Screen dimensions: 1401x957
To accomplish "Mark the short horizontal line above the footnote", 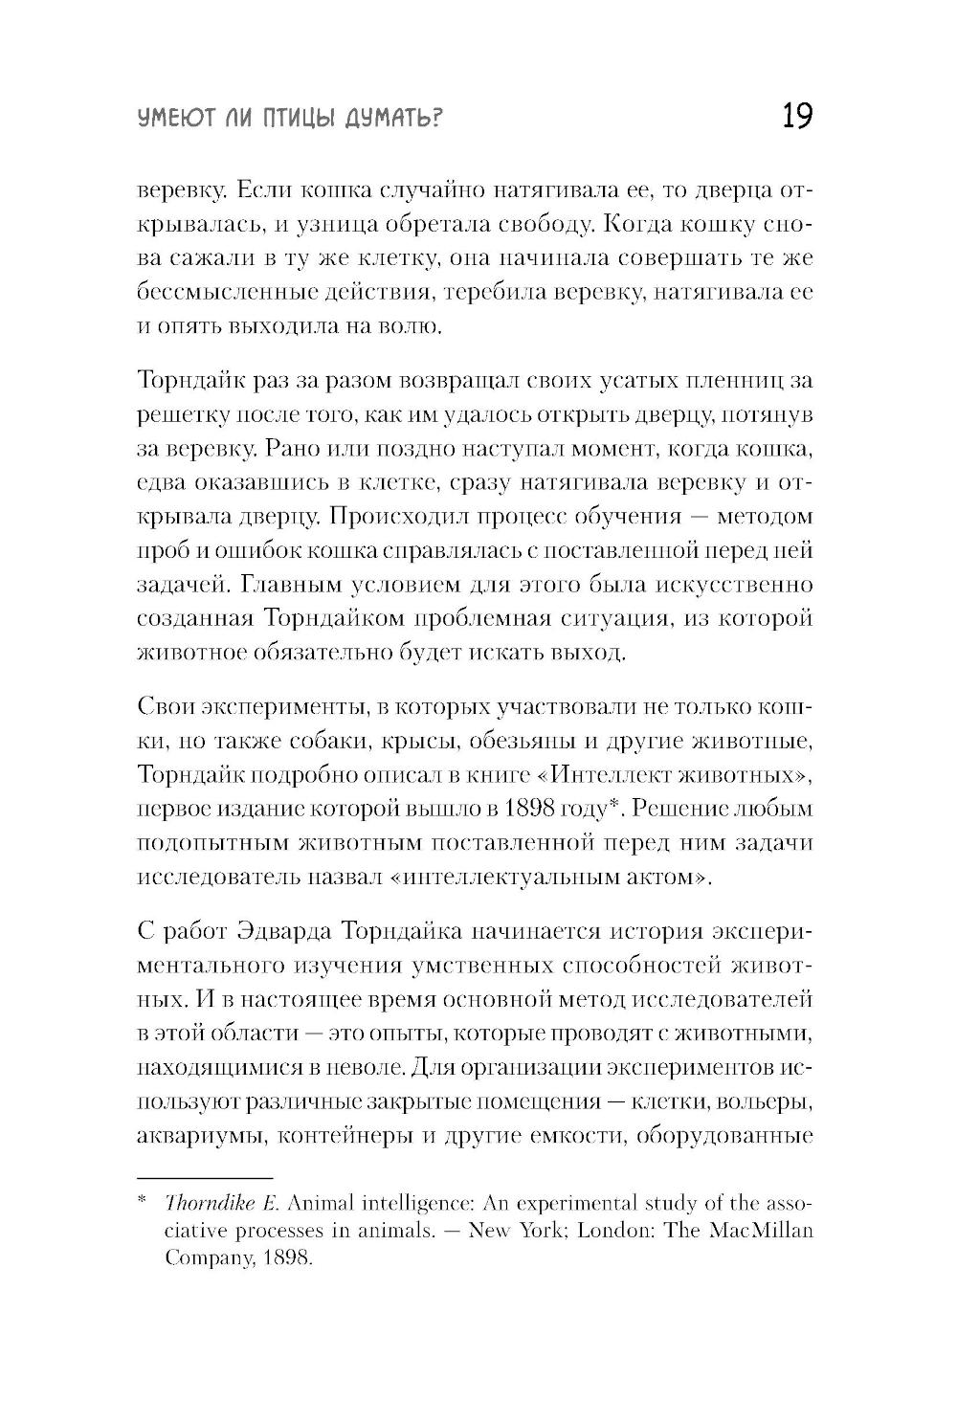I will pyautogui.click(x=205, y=1178).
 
